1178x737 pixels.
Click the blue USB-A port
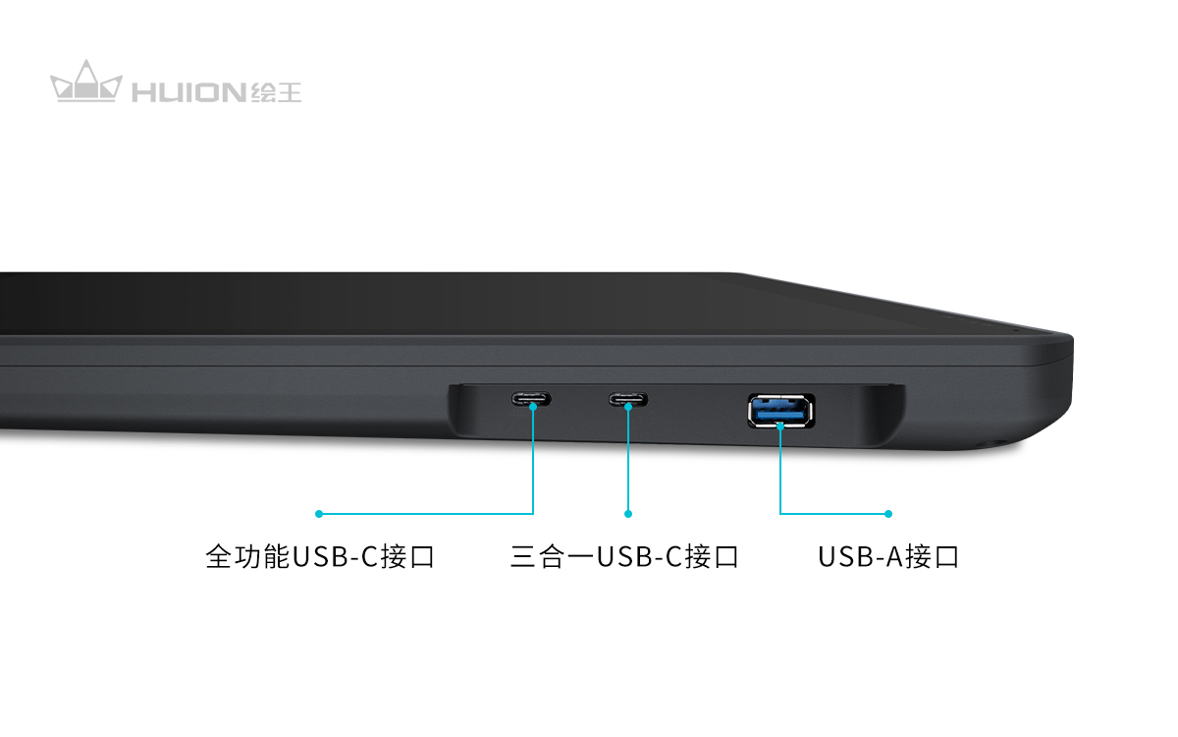coord(781,411)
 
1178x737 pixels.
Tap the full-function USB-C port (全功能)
coord(531,399)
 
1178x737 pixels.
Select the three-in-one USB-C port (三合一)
coord(628,399)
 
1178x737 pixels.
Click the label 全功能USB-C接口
coord(320,556)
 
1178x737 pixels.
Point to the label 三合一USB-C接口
coord(624,556)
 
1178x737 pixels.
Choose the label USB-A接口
coord(888,556)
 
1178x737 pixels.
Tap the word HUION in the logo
coord(188,92)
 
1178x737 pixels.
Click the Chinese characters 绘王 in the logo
coord(276,92)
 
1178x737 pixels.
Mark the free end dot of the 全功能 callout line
coord(319,514)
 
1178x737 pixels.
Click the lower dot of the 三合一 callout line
coord(628,514)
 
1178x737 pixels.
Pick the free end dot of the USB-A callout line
coord(888,514)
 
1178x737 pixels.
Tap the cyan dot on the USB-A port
coord(780,425)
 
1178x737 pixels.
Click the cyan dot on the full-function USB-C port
coord(533,407)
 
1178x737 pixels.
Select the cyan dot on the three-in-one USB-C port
coord(628,407)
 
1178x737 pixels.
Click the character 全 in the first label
coord(219,556)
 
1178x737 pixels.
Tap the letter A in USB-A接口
coord(894,557)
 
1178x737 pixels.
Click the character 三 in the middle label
coord(523,557)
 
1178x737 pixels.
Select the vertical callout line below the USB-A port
coord(780,470)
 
